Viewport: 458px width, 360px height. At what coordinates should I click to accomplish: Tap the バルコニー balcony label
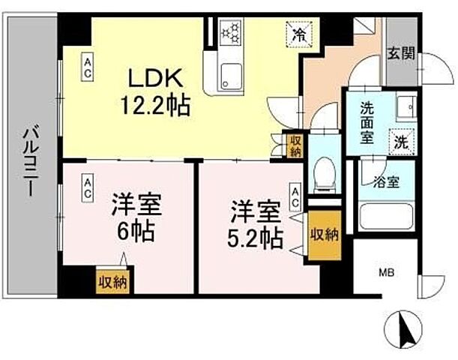tap(29, 161)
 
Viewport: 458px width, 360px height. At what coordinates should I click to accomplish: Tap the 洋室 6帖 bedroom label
tap(136, 217)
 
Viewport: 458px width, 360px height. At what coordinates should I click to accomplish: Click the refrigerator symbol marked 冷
tap(298, 34)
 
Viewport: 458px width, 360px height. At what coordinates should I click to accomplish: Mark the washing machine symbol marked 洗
tap(402, 139)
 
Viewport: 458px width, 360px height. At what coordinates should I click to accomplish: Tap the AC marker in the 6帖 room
tap(88, 188)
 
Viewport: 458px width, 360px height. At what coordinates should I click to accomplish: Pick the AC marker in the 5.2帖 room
tap(296, 196)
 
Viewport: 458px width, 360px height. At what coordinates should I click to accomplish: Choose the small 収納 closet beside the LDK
tap(297, 145)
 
